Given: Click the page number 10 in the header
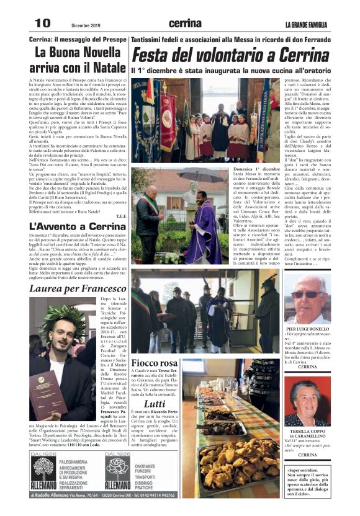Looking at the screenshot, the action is [x=42, y=23].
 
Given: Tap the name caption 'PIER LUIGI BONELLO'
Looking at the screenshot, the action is [x=307, y=329].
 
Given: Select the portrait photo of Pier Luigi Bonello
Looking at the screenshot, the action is [x=307, y=298].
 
